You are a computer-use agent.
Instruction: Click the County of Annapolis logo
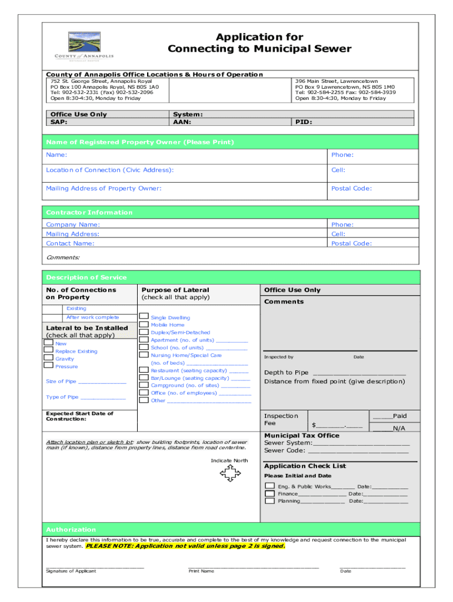coord(84,45)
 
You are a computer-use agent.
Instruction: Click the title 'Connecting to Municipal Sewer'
coord(259,49)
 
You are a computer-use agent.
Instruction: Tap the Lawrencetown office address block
coord(345,89)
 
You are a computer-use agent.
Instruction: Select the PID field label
coord(304,122)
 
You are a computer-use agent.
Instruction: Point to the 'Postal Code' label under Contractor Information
coord(351,243)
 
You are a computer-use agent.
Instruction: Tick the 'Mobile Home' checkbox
coord(144,325)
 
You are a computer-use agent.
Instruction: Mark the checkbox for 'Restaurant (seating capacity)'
coord(144,370)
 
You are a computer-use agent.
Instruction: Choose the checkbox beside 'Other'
coord(144,400)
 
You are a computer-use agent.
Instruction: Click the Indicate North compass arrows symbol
coord(229,473)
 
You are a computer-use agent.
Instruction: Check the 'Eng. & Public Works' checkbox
coord(269,486)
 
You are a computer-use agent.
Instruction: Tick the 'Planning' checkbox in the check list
coord(269,501)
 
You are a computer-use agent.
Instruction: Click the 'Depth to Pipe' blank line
coord(359,373)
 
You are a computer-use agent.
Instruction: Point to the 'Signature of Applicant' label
coord(71,571)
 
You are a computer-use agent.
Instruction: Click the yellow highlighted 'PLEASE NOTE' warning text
coord(186,546)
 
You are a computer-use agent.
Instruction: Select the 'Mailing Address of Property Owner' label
coord(104,188)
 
